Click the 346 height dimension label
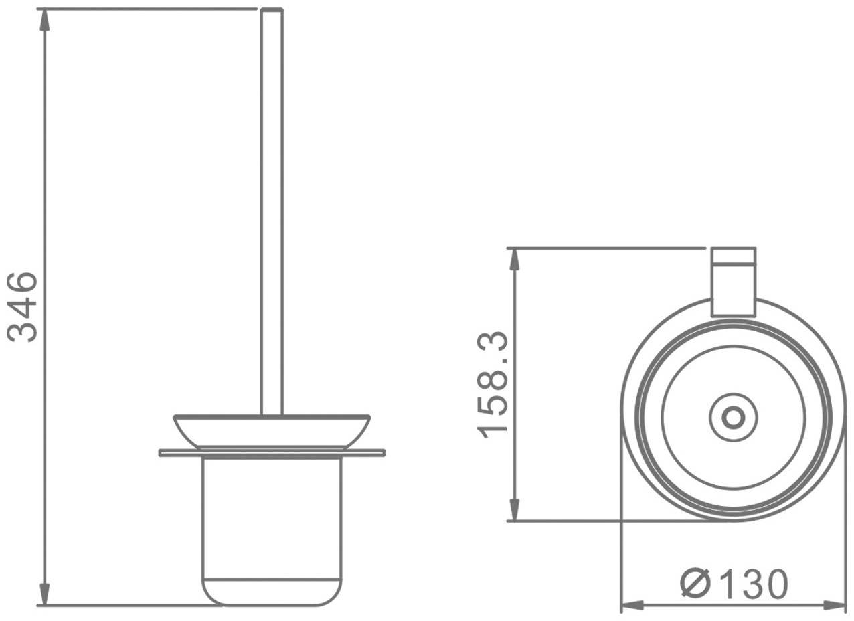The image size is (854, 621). (23, 307)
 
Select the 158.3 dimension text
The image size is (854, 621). (492, 385)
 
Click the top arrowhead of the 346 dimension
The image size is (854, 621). (46, 21)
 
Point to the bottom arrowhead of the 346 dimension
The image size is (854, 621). (46, 592)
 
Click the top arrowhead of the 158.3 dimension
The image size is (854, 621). (515, 260)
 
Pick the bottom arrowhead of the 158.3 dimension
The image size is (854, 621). (515, 508)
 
